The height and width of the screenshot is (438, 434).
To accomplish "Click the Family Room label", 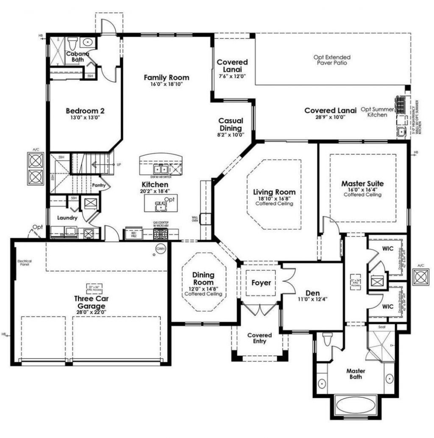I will pyautogui.click(x=166, y=77).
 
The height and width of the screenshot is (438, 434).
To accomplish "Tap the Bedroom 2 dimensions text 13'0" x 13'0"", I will pyautogui.click(x=85, y=118).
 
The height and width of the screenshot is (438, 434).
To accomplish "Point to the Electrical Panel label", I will pyautogui.click(x=25, y=263).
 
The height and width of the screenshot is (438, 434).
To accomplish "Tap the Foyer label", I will pyautogui.click(x=261, y=283).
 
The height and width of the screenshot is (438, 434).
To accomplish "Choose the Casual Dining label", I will pyautogui.click(x=231, y=124).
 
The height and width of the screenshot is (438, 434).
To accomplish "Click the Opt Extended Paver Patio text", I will pyautogui.click(x=332, y=60).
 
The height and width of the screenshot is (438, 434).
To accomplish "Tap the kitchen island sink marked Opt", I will pyautogui.click(x=160, y=207).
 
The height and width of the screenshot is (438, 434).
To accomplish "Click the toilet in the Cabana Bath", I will pyautogui.click(x=72, y=43).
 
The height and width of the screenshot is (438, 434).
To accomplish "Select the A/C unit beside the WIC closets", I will pyautogui.click(x=420, y=277).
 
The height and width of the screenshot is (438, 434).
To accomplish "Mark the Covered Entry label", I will pyautogui.click(x=259, y=338).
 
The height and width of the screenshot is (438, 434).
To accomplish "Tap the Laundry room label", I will pyautogui.click(x=67, y=218).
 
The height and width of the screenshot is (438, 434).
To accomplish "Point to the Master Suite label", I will pyautogui.click(x=362, y=184).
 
